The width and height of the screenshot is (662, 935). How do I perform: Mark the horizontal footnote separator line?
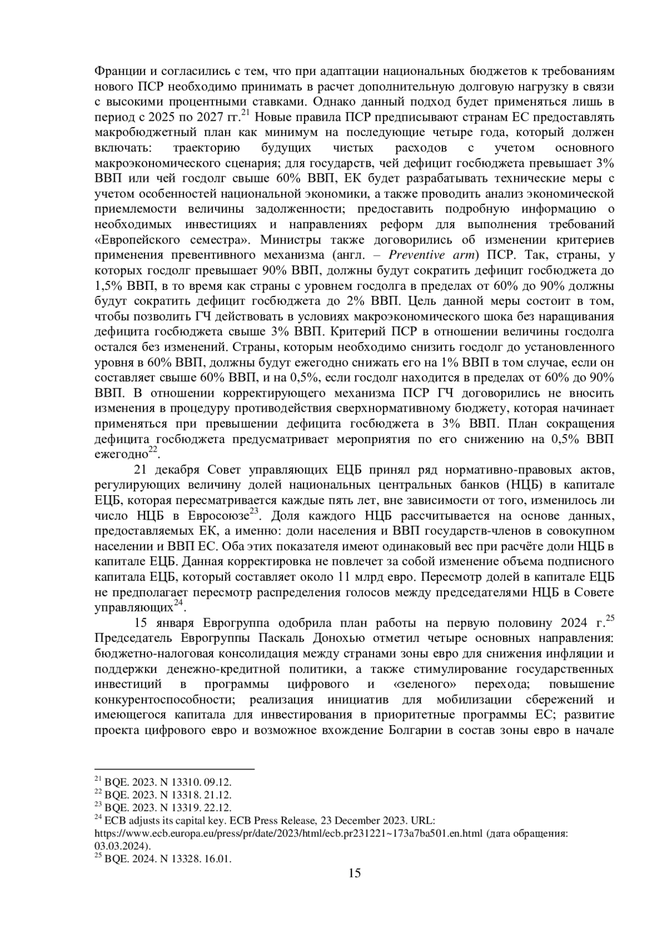tap(174, 769)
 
